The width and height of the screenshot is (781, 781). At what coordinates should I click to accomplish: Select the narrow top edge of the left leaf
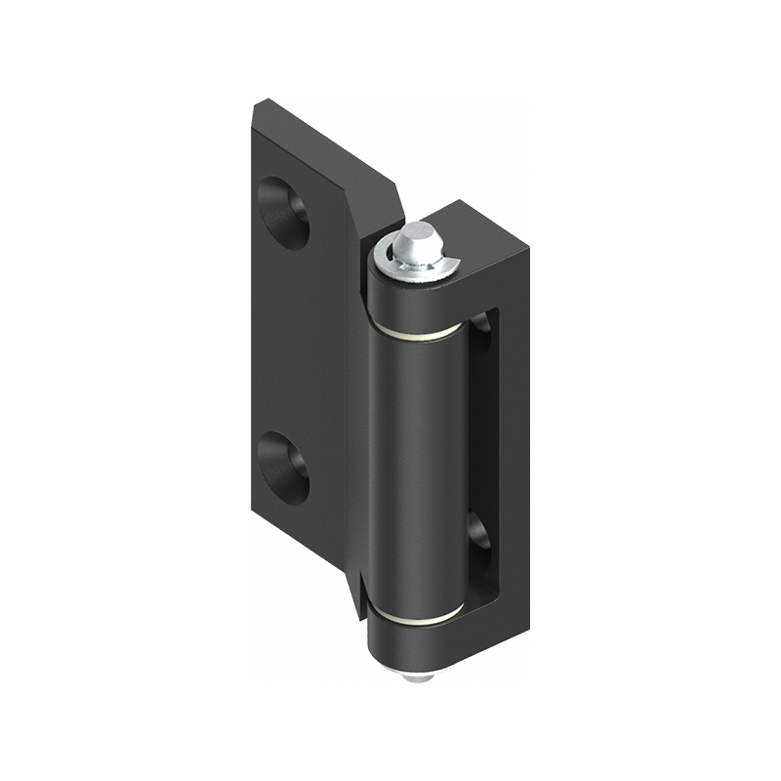pyautogui.click(x=322, y=137)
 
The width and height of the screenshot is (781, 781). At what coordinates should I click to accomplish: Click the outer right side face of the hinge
pyautogui.click(x=516, y=439)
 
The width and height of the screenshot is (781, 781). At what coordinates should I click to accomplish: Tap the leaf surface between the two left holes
pyautogui.click(x=293, y=342)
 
